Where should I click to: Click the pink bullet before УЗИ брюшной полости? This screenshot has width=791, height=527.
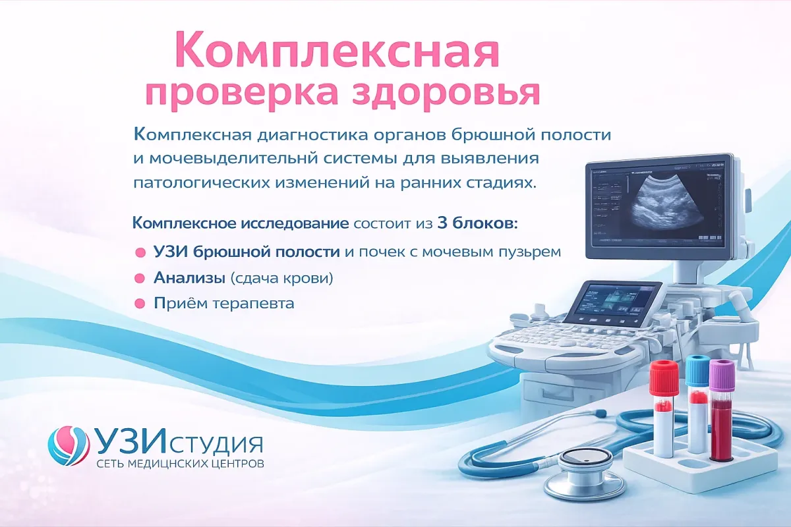[139, 252]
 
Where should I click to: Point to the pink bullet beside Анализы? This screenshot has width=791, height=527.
[139, 278]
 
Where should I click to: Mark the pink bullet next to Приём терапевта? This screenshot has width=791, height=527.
[139, 304]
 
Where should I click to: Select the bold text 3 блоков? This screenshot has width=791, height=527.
[477, 223]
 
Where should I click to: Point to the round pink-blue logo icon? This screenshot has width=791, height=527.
[68, 446]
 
